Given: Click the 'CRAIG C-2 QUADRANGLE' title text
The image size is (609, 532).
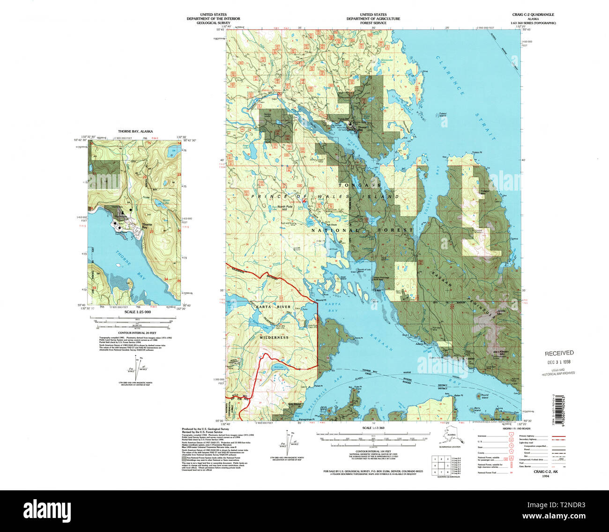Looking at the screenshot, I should tap(534, 15).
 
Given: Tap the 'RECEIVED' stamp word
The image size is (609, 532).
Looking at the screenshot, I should tap(558, 353).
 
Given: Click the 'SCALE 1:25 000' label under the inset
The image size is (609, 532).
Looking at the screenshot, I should tap(135, 311).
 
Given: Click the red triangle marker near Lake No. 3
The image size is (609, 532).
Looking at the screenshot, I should tap(304, 200).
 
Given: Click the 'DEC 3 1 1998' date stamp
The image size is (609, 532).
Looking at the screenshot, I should tap(559, 362).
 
